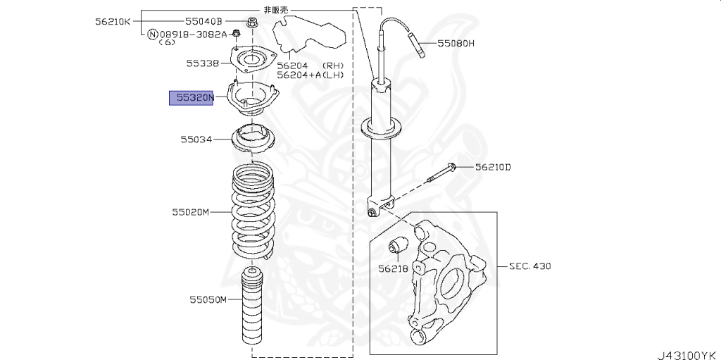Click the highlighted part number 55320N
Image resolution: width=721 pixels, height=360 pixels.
tap(192, 98)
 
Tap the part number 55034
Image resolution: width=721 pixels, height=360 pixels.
tap(195, 140)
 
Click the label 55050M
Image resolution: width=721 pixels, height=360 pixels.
tap(208, 300)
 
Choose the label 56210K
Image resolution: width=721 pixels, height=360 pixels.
tap(113, 21)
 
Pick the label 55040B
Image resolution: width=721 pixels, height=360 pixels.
tap(203, 21)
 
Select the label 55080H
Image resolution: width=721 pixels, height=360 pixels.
tap(456, 43)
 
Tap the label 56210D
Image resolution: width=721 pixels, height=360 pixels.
tap(492, 167)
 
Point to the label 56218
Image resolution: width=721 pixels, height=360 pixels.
tap(392, 268)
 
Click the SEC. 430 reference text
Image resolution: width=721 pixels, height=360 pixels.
tap(529, 266)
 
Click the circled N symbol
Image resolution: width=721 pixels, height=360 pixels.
tap(152, 34)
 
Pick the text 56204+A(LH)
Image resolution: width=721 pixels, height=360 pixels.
tap(310, 74)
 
